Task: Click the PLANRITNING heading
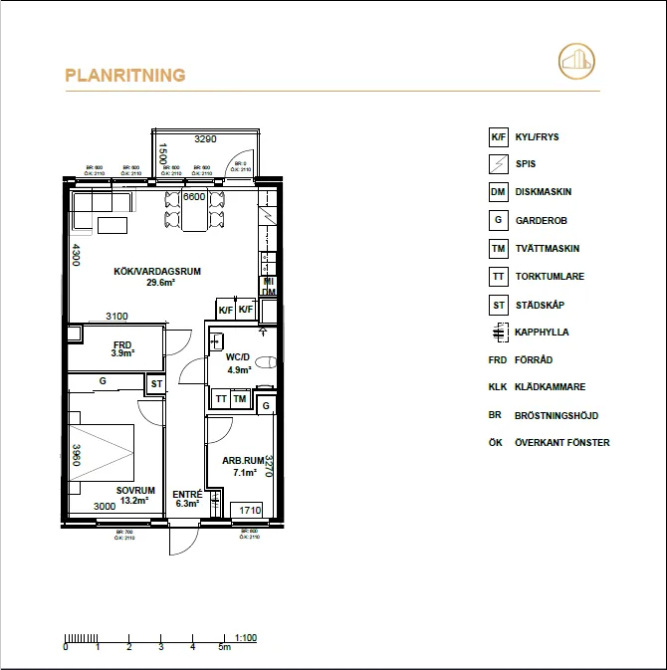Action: [125, 75]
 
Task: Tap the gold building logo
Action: [576, 61]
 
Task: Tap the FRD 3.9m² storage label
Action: [122, 348]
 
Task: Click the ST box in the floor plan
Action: [156, 383]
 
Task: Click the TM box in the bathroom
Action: [240, 399]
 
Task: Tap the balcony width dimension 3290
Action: [205, 140]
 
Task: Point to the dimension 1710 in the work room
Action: [250, 511]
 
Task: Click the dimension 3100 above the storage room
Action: [116, 317]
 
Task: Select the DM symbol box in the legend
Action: [498, 193]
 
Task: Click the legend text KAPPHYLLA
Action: [542, 333]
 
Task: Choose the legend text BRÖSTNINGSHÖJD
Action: [556, 415]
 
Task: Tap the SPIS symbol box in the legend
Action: [498, 165]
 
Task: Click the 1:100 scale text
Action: [246, 636]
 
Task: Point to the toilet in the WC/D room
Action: [263, 362]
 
